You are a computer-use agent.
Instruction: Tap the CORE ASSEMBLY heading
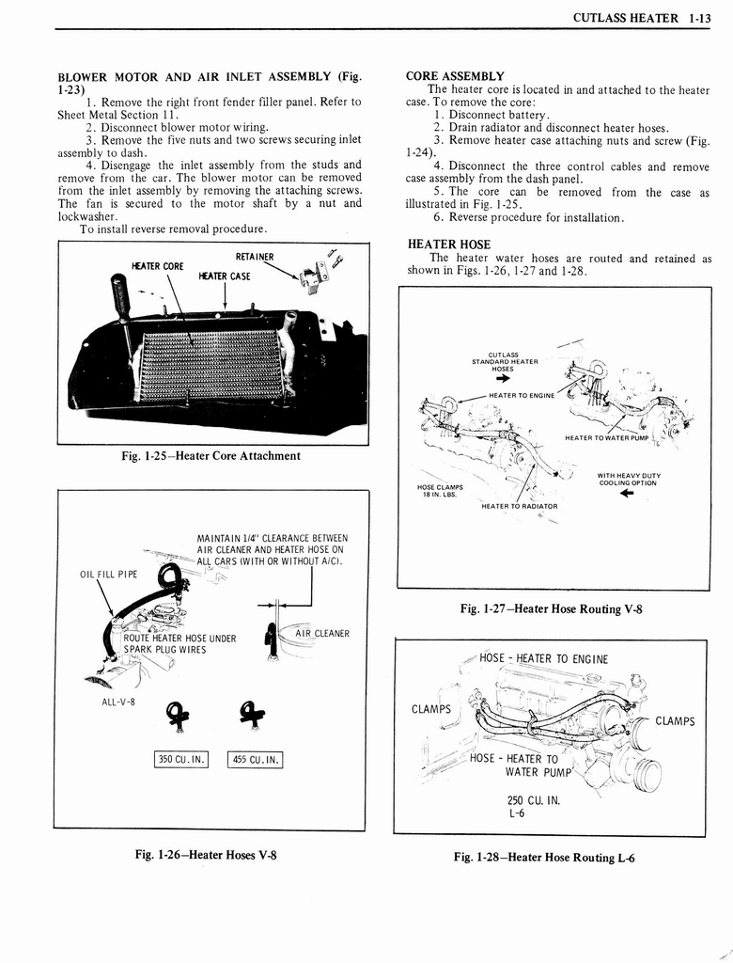455,76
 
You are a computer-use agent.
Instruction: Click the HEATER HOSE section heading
449,245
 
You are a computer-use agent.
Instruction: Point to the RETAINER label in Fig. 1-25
255,257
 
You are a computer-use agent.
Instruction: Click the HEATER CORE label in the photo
160,266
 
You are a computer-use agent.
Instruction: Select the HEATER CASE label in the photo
224,276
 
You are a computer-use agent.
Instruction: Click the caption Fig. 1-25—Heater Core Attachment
211,456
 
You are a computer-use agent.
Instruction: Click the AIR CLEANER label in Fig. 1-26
321,634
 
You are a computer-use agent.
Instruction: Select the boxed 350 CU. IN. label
180,761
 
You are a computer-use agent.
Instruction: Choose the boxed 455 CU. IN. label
255,761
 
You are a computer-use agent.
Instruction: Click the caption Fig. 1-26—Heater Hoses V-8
206,855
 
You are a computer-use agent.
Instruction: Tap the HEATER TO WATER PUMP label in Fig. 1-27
606,437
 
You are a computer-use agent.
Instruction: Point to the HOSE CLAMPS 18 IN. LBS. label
440,491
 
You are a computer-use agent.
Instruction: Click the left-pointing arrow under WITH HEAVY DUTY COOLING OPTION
628,494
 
